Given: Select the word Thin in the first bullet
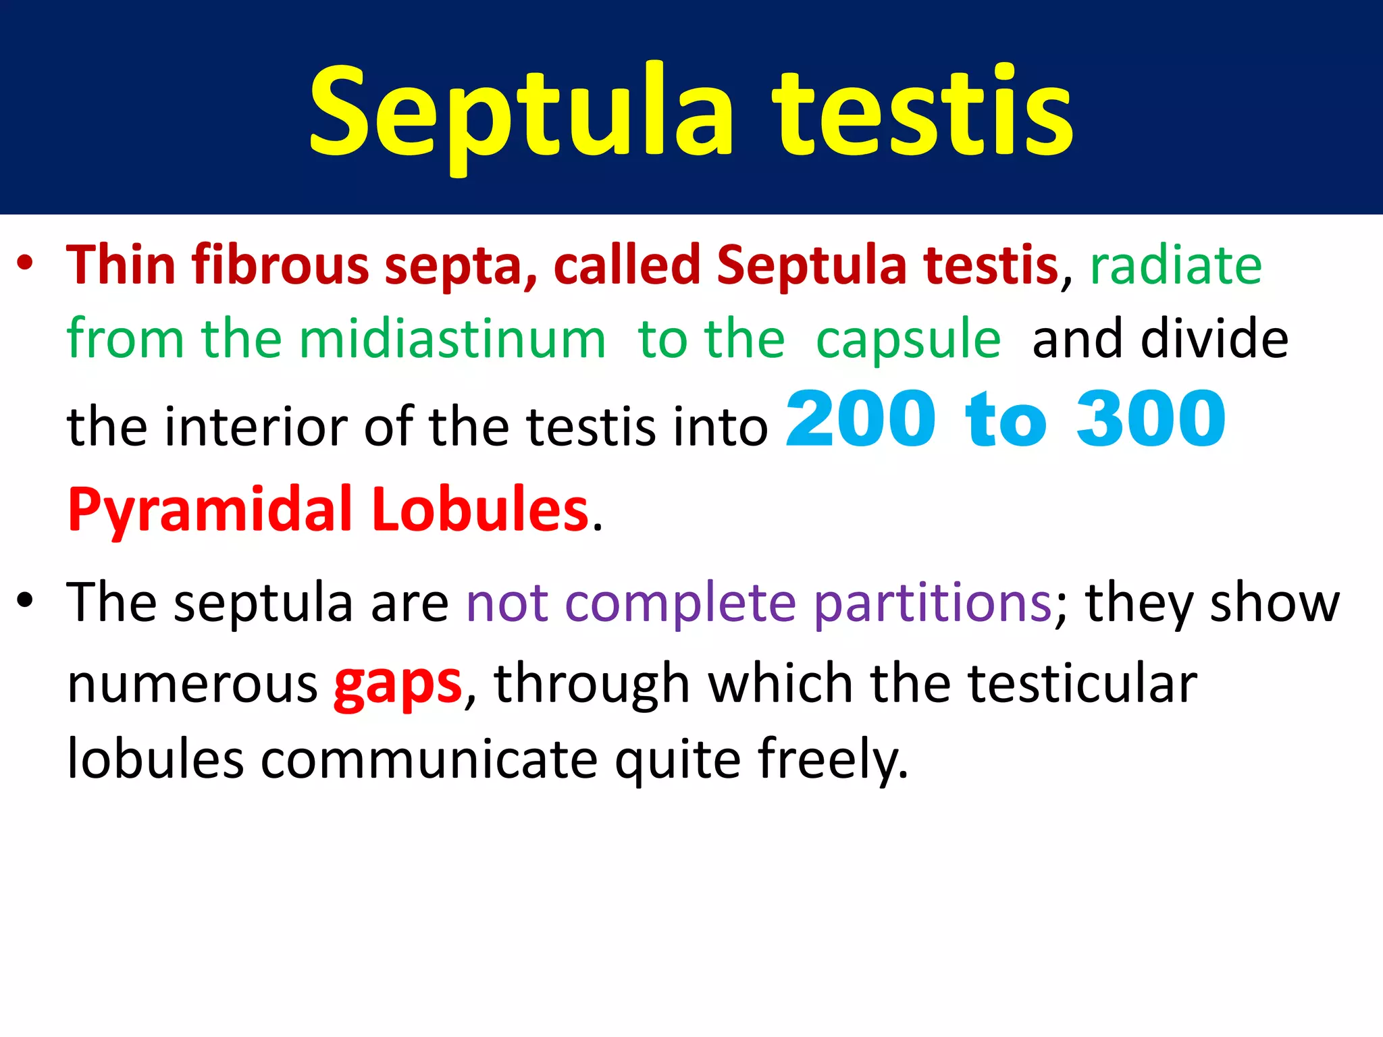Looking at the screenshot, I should click(122, 265).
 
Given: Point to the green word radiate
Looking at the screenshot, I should click(1176, 265).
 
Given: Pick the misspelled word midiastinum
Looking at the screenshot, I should click(452, 339).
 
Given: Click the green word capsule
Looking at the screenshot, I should click(908, 340).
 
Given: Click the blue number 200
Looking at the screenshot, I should click(861, 420).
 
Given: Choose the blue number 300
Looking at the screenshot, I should click(1151, 420).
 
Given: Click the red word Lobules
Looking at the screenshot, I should click(480, 509).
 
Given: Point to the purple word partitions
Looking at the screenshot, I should click(933, 602).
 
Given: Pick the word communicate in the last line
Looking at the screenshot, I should click(429, 759).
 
